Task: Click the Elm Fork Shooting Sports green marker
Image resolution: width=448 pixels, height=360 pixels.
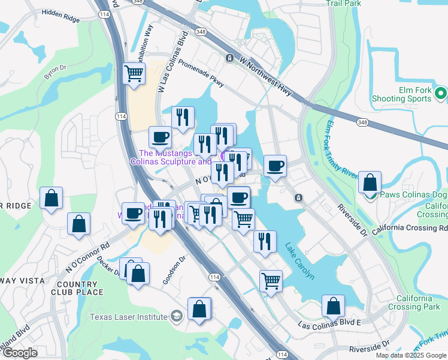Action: click(x=440, y=94)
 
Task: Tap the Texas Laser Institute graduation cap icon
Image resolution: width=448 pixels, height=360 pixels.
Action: click(x=176, y=316)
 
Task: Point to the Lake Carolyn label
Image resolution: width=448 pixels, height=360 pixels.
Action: click(x=299, y=261)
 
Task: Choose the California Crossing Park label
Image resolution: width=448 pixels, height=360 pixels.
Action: click(x=413, y=302)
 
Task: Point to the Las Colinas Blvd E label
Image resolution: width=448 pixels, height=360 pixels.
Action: click(x=330, y=323)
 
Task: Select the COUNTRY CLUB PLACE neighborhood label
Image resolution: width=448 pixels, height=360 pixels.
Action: click(x=81, y=287)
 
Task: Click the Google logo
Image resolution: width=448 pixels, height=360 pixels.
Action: click(x=20, y=353)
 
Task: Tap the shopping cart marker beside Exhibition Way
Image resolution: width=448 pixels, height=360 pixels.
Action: click(x=134, y=74)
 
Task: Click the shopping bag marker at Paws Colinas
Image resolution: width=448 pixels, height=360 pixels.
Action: click(x=371, y=182)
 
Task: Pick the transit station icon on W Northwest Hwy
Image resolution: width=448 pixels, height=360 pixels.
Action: click(x=229, y=58)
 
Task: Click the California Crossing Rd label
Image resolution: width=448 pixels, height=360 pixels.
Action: click(x=410, y=229)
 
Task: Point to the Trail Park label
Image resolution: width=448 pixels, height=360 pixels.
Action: click(x=343, y=3)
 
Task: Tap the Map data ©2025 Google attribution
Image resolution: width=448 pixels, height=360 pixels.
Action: click(x=411, y=355)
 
